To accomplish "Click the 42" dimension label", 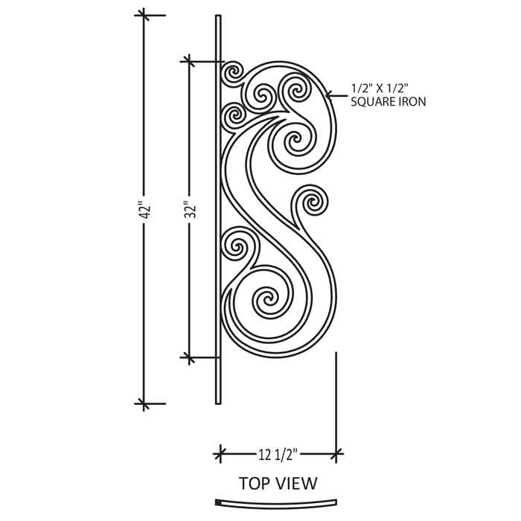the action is tap(145, 209).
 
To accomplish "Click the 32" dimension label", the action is tap(191, 209).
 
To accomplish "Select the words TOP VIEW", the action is tap(278, 483).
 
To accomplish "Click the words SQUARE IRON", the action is tap(389, 102).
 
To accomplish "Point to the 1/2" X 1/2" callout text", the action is tap(380, 89).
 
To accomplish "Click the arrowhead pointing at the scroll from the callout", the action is tap(329, 96).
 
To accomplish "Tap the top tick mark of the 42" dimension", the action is tap(144, 15).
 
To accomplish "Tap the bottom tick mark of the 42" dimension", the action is tap(144, 403).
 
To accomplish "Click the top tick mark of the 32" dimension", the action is tap(189, 62).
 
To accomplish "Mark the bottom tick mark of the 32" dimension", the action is tap(189, 357).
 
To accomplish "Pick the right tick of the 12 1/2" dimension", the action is tap(336, 453).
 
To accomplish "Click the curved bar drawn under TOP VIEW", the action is tap(276, 505).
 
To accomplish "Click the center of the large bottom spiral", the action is tap(267, 298).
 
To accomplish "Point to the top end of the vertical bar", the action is tap(218, 16).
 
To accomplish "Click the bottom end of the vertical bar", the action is tap(218, 403).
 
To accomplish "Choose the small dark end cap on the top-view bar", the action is tap(218, 502).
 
